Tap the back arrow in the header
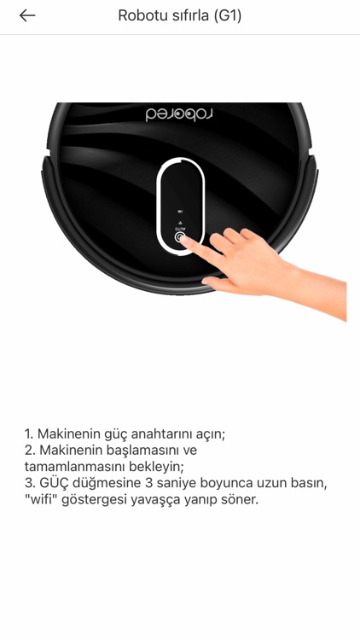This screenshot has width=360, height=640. [x=27, y=15]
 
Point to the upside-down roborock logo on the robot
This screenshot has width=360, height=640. [x=179, y=114]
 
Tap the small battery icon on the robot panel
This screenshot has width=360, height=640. [x=180, y=212]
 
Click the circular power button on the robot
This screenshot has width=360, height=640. [x=180, y=238]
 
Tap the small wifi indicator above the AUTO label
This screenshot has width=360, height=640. [x=180, y=221]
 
